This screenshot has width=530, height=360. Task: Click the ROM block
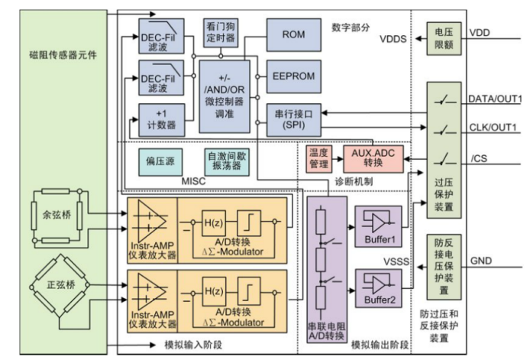(293, 34)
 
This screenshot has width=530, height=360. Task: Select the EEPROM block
(293, 77)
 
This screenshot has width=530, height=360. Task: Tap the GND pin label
(481, 260)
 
